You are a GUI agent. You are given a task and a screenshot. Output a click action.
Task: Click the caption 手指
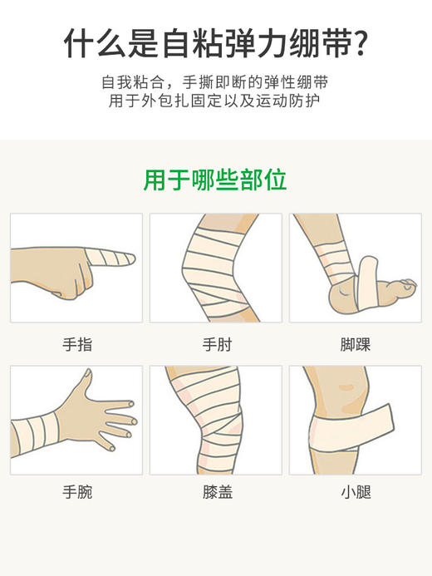click(x=77, y=344)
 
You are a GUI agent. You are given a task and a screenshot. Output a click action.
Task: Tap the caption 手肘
click(x=217, y=344)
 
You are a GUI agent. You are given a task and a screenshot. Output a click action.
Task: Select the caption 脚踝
click(x=355, y=344)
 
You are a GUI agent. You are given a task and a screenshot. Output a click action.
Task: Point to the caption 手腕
click(x=77, y=492)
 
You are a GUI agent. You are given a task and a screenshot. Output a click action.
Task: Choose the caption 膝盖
click(x=217, y=492)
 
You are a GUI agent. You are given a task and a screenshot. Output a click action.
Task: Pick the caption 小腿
click(x=355, y=492)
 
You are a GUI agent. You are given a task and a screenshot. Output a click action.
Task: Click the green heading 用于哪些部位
click(x=215, y=180)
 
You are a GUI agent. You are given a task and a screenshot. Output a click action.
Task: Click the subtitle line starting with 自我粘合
click(x=215, y=83)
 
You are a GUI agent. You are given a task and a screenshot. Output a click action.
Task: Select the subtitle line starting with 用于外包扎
click(x=215, y=101)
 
